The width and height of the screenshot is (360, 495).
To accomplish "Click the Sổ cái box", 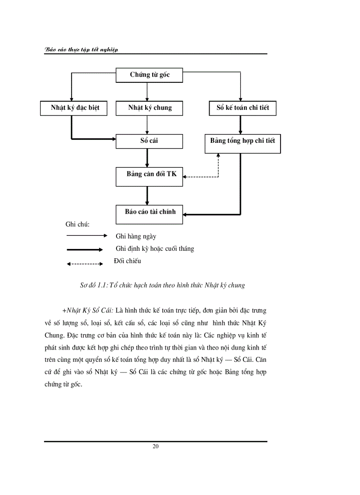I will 149,141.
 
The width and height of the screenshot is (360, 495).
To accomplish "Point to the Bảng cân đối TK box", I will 149,175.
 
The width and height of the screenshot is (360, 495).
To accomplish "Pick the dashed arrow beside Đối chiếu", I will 84,264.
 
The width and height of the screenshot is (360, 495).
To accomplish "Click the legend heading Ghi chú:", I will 78,224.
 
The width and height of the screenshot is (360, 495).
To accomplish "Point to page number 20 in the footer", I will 155,446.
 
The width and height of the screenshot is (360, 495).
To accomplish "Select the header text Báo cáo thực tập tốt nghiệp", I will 82,50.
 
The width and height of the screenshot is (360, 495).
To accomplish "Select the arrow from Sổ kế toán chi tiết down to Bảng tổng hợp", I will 240,125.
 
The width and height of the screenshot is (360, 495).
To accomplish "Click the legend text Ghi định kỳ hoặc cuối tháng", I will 154,249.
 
